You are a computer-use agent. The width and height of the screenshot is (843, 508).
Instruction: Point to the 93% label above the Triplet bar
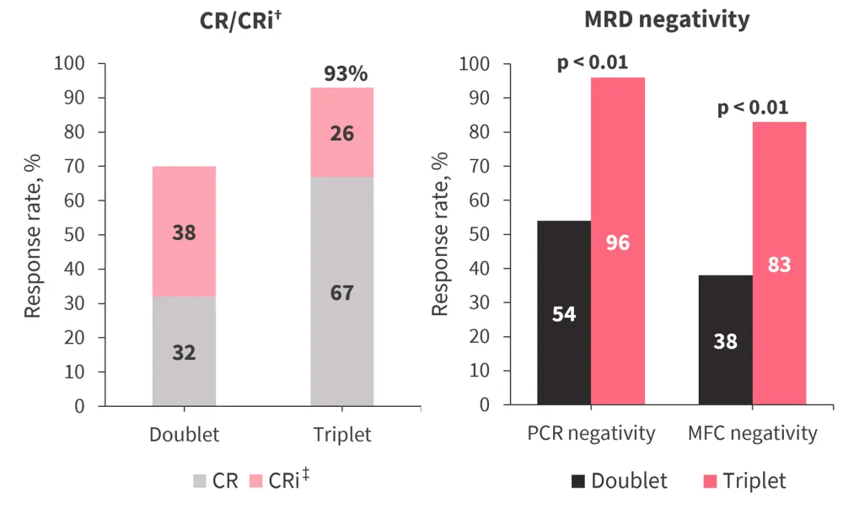(x=346, y=74)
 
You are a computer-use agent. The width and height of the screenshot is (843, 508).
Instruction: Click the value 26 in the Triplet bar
(x=341, y=132)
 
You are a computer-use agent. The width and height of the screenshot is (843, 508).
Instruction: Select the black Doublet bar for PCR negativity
(x=564, y=313)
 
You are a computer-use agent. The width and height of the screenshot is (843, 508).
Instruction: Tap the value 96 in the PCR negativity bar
(x=617, y=243)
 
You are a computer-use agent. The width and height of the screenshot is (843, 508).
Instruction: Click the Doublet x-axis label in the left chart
(x=184, y=436)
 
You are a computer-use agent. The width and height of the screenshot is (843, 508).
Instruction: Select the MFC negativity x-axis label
(x=753, y=434)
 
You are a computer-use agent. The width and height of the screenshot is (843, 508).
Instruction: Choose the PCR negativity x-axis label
(x=591, y=434)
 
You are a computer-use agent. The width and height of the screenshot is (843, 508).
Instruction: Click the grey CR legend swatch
(x=200, y=482)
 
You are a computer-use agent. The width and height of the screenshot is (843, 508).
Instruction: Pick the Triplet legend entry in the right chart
(x=743, y=481)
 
